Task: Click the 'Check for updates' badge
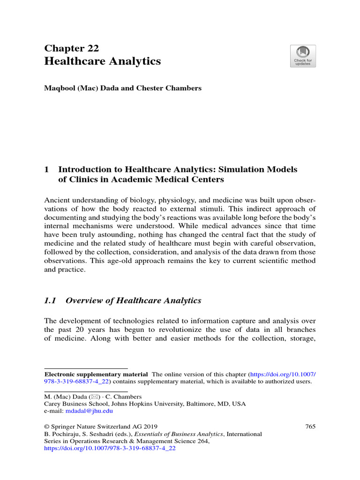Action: (x=303, y=56)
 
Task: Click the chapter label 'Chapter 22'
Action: (x=71, y=48)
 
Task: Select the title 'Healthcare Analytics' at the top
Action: (x=102, y=61)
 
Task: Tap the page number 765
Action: (x=310, y=426)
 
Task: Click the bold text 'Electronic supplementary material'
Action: (x=96, y=375)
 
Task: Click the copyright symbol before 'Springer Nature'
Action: (x=46, y=426)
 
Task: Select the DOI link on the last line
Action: (x=109, y=448)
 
